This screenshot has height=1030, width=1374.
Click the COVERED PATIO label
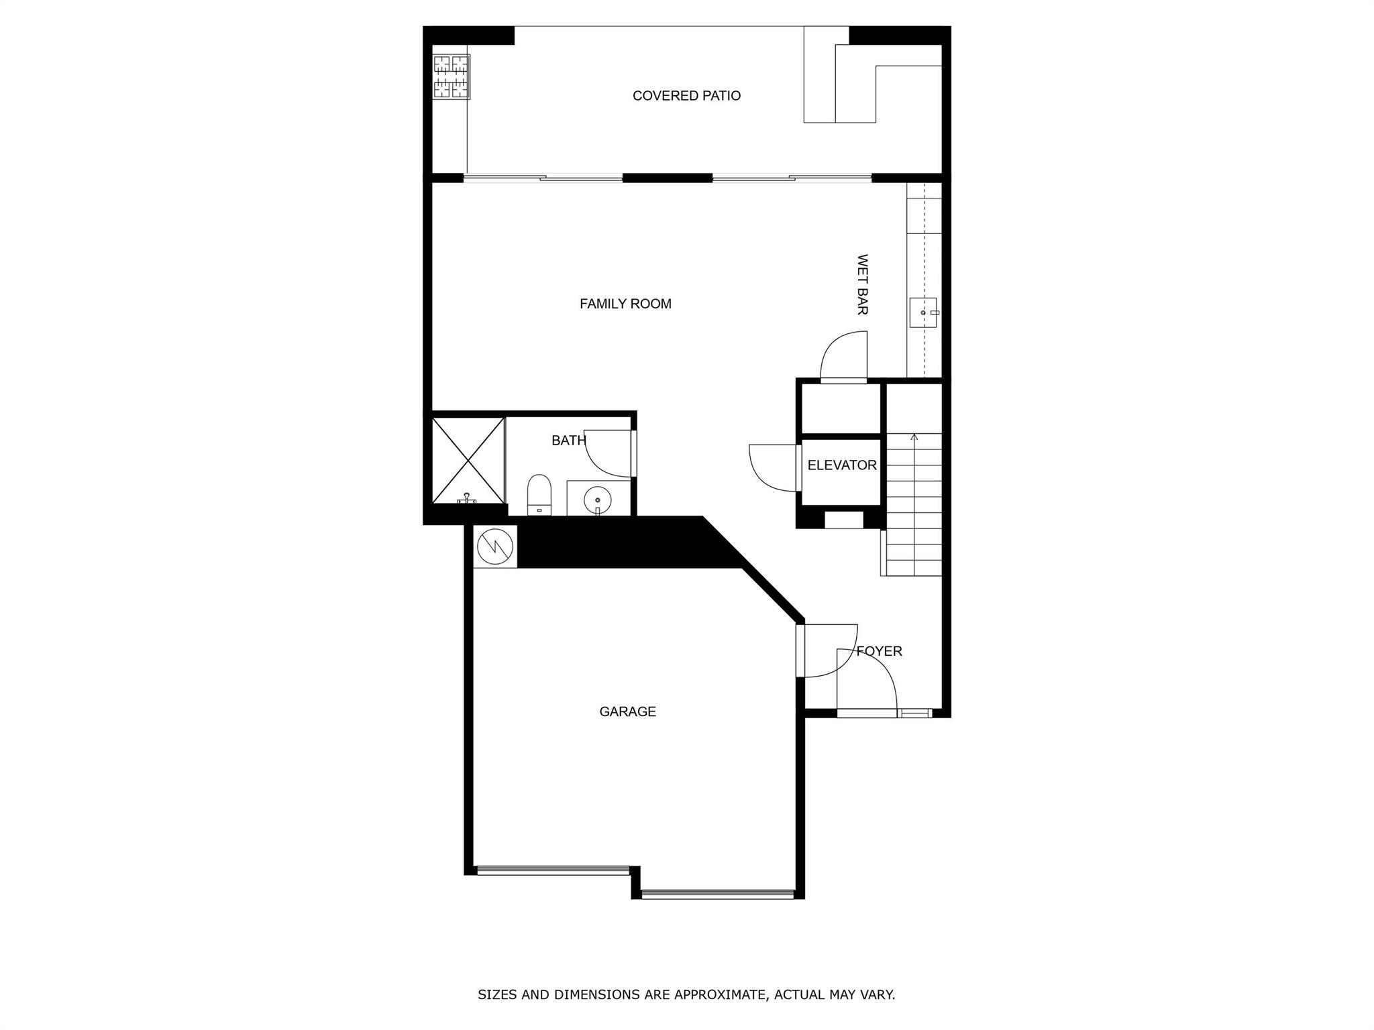tap(686, 96)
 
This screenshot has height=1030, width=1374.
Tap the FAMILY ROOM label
tap(625, 304)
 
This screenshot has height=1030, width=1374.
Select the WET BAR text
tap(863, 284)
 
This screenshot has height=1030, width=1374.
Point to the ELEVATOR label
tap(842, 465)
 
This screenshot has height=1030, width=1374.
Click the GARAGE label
tap(627, 711)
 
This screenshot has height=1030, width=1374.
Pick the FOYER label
tap(880, 651)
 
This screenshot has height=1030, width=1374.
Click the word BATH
tap(569, 441)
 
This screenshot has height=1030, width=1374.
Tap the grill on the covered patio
tap(451, 77)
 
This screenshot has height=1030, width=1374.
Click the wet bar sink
tap(923, 313)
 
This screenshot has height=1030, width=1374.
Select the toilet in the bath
tap(539, 495)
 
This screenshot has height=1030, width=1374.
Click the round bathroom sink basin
tap(597, 500)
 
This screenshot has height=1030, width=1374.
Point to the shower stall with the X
tap(468, 460)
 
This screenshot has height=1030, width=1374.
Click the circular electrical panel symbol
tap(495, 547)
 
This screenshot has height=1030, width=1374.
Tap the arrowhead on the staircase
tap(914, 437)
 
